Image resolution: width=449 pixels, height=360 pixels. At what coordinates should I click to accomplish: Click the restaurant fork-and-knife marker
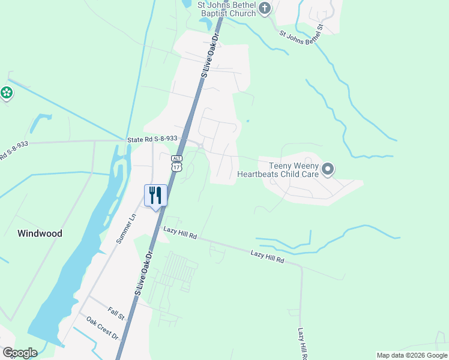coord(155,194)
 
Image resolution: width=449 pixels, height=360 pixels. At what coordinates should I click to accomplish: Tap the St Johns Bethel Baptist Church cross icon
coord(265,8)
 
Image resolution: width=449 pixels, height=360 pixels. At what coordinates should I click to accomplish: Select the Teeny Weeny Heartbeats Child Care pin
coord(327,170)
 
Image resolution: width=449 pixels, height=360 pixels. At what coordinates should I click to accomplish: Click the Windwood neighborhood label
coord(40,233)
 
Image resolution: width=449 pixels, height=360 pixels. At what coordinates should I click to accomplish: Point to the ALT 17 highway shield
coord(176,164)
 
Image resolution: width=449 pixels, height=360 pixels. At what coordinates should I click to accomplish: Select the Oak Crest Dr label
coord(102,328)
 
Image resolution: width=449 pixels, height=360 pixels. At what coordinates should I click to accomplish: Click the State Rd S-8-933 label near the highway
coord(152,139)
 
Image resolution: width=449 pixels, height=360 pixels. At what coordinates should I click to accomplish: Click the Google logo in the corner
coord(19,352)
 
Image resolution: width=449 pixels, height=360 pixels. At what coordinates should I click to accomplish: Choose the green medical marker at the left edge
coord(6,93)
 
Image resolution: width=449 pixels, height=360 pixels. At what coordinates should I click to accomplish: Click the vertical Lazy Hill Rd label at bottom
coord(301,343)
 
